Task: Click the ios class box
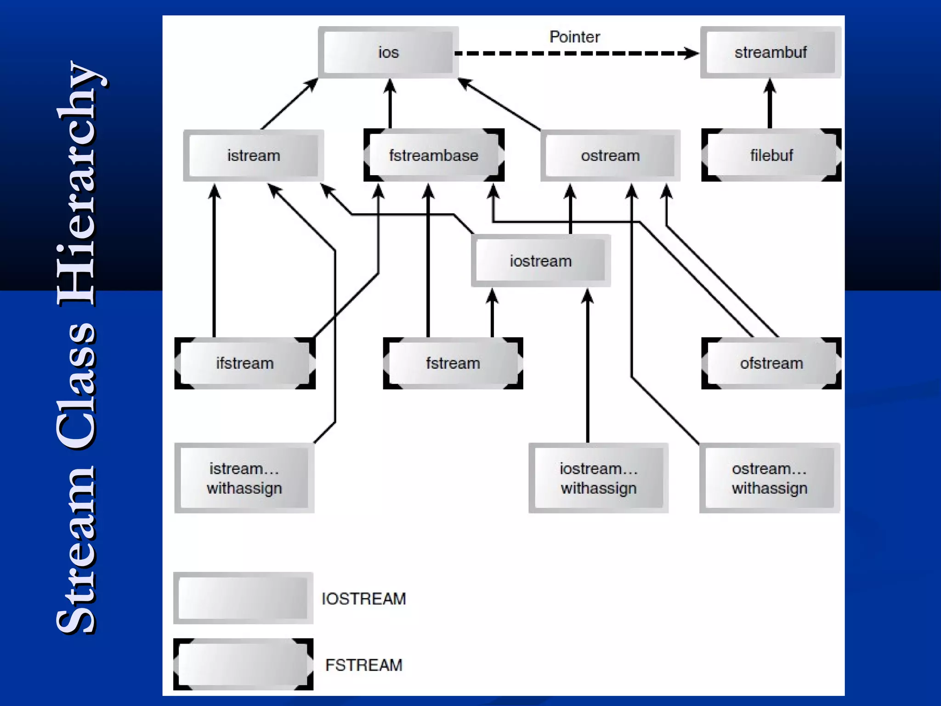click(388, 52)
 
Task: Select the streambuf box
click(771, 52)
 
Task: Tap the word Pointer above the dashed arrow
click(574, 37)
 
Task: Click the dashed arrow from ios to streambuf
click(574, 53)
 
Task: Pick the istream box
click(254, 155)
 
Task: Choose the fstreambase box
click(434, 155)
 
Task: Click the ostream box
click(610, 155)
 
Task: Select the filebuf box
click(771, 155)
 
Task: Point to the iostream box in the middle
click(541, 261)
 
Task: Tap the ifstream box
click(245, 363)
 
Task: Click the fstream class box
click(453, 363)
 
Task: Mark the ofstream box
click(771, 363)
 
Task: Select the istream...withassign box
click(244, 478)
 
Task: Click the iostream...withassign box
click(598, 478)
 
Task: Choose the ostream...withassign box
click(770, 478)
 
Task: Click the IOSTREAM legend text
click(363, 598)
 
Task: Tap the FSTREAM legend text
click(363, 665)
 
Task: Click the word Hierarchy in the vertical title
click(76, 184)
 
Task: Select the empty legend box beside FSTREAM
click(243, 664)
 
